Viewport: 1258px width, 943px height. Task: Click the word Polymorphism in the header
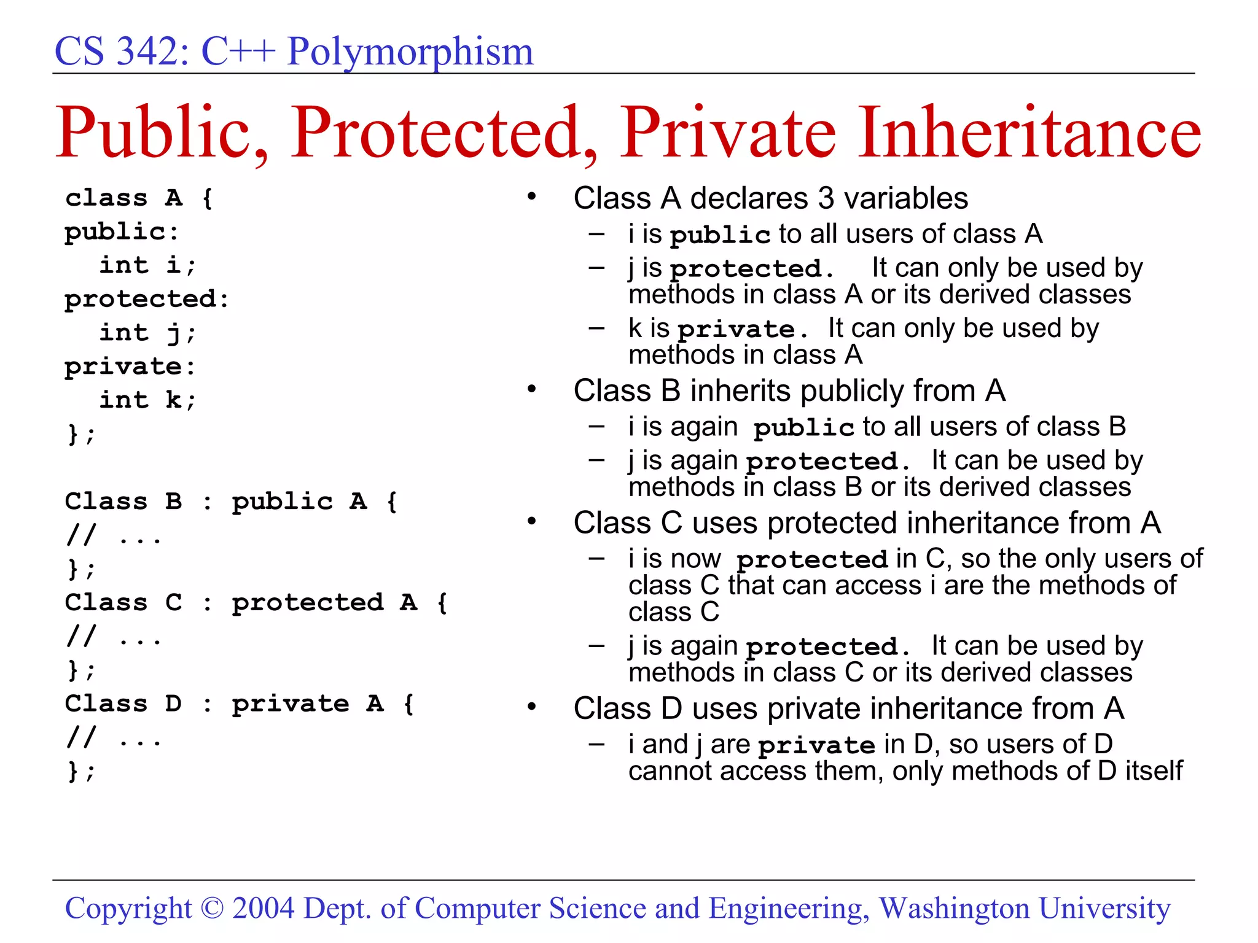point(410,52)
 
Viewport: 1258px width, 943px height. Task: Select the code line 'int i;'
point(147,265)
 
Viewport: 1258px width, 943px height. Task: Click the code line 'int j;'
point(147,333)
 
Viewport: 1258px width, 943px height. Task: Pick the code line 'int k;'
point(147,400)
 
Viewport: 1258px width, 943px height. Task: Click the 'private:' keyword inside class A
point(130,367)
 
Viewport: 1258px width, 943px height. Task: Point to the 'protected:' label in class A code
point(146,299)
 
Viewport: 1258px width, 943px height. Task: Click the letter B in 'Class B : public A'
point(174,502)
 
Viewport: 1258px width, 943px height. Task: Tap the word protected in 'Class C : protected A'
point(307,602)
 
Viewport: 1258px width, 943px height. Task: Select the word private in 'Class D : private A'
point(290,704)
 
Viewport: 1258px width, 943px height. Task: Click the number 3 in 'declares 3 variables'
point(826,198)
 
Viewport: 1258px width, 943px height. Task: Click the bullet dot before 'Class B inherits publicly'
point(532,389)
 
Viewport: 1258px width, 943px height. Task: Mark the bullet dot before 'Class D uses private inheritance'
point(532,707)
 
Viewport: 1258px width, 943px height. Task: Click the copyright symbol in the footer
point(213,909)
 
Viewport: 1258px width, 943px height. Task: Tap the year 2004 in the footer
point(264,909)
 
